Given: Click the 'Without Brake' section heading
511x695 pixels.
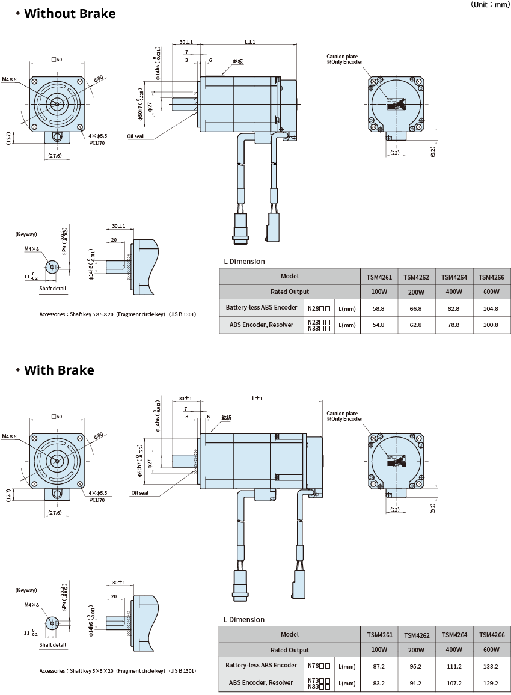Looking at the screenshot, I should tap(70, 13).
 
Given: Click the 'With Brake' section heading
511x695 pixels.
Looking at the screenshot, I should tap(59, 370).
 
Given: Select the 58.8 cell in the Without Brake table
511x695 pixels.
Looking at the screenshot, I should tap(379, 308).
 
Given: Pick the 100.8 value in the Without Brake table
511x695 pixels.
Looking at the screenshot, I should tap(491, 325).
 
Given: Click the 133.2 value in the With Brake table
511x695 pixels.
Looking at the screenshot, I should tap(491, 666).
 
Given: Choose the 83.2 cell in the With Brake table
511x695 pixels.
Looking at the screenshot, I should tap(379, 683).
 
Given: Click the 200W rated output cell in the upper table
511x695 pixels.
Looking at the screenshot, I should tap(417, 292).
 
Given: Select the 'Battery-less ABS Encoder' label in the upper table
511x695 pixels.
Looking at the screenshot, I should tap(262, 307).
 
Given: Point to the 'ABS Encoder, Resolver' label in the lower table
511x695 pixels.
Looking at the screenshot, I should tap(261, 682).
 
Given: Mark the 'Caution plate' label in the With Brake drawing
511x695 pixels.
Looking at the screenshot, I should tap(342, 414).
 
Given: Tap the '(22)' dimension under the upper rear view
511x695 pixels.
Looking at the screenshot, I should tap(394, 153).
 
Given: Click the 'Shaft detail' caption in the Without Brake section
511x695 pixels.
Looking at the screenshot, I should tap(53, 289).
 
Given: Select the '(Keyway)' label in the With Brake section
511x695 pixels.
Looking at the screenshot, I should tap(26, 590).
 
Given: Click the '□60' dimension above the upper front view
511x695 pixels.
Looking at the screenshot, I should tap(57, 59).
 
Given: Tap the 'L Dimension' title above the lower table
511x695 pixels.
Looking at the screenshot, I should tap(244, 619).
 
